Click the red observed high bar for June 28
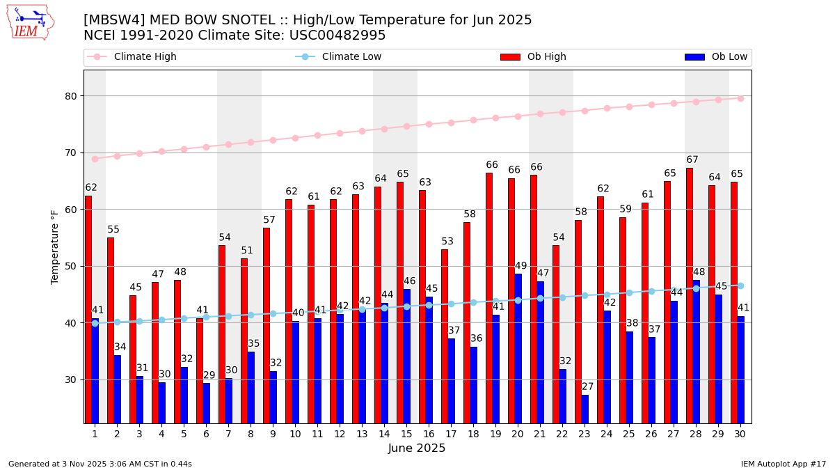pyautogui.click(x=690, y=295)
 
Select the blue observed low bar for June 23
pyautogui.click(x=584, y=409)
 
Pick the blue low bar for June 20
pyautogui.click(x=518, y=348)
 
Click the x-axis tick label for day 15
pyautogui.click(x=406, y=434)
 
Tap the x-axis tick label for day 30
pyautogui.click(x=740, y=434)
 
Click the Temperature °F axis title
pyautogui.click(x=55, y=246)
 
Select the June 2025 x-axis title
pyautogui.click(x=417, y=448)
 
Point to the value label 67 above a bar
pyautogui.click(x=692, y=160)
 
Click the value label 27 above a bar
pyautogui.click(x=587, y=387)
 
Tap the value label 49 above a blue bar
pyautogui.click(x=520, y=266)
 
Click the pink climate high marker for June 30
pyautogui.click(x=740, y=98)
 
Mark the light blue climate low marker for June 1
pyautogui.click(x=95, y=323)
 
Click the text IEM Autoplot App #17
pyautogui.click(x=783, y=464)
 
